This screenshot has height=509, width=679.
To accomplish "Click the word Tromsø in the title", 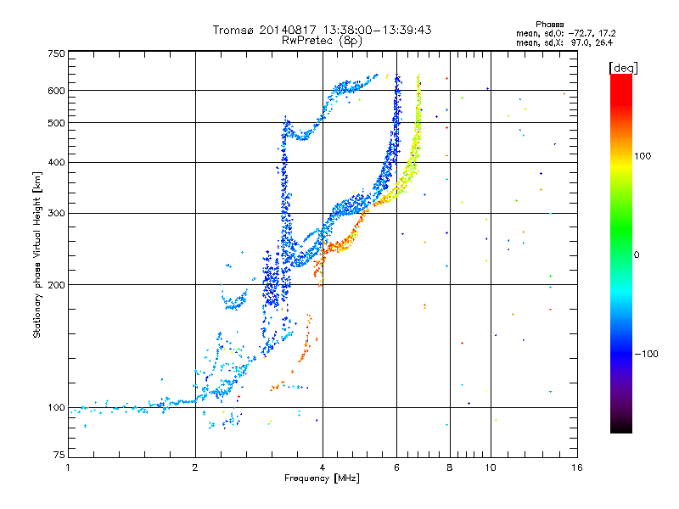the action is coord(233,30).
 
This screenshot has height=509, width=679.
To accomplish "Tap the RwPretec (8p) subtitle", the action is coord(322,41).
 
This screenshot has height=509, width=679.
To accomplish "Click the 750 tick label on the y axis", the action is coord(57,53).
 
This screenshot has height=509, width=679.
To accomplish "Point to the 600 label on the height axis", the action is coord(57,91).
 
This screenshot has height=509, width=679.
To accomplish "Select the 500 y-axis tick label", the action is coord(57,123).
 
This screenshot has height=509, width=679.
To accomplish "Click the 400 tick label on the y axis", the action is coord(57,163).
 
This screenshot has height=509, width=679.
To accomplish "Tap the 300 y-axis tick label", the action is coord(57,214).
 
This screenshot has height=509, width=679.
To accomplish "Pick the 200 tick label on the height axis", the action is coord(57,285).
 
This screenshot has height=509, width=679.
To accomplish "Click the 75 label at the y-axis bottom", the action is coord(59,455).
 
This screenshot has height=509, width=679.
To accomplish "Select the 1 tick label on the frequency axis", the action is coord(68,467).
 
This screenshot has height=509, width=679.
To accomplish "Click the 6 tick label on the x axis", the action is coord(396,467).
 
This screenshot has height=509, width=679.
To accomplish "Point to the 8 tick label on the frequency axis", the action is coord(450,467).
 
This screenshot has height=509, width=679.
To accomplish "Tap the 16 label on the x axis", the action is coord(577,467).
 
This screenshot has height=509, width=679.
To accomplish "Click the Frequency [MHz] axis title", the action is coord(322,478).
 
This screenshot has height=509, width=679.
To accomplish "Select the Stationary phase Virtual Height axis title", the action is coord(36,255).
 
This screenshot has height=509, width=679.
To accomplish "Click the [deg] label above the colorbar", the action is coord(623,68).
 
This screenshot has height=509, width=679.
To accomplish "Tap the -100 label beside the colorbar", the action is coord(647,354).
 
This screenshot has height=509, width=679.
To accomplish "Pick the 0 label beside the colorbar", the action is coord(637,255).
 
